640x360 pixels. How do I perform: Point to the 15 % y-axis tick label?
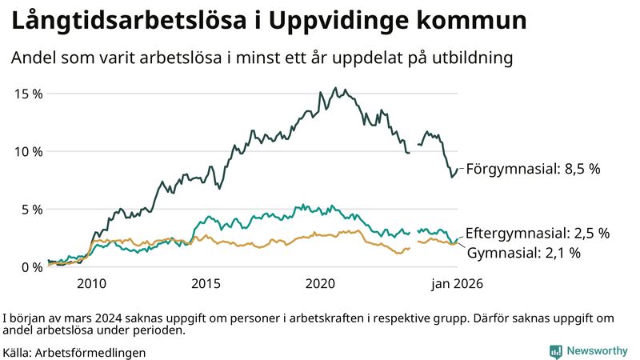click(x=29, y=94)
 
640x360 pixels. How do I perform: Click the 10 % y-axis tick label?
click(x=29, y=151)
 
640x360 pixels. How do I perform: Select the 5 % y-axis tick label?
click(x=32, y=210)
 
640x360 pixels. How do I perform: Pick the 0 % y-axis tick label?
click(x=32, y=267)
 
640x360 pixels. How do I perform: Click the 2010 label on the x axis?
click(x=91, y=284)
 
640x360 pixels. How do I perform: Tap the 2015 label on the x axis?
click(x=206, y=284)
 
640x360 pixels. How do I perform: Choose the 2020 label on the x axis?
click(x=320, y=284)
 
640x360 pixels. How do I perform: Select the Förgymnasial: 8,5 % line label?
click(x=533, y=169)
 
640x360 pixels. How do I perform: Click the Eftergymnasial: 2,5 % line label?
click(x=538, y=234)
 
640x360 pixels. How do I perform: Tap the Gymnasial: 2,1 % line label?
click(x=524, y=253)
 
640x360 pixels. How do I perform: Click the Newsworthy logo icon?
click(x=555, y=351)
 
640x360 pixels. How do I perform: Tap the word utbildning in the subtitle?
click(x=472, y=58)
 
